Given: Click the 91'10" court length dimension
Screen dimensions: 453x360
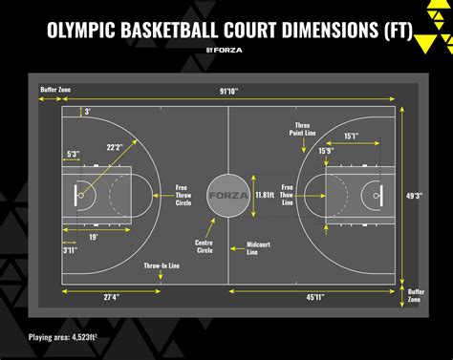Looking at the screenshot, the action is (x=229, y=92).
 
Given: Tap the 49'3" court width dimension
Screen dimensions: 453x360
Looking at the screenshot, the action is (x=414, y=196).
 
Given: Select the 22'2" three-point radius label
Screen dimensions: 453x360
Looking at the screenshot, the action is (x=115, y=147).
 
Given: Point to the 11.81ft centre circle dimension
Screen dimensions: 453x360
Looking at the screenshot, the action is (x=265, y=195).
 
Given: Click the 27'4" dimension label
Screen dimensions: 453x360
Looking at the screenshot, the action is (x=112, y=297).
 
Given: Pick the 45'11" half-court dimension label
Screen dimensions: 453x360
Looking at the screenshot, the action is (x=315, y=297).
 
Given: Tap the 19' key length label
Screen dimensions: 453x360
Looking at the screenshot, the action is (x=93, y=237).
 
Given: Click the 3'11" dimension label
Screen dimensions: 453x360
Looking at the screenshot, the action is (x=70, y=250).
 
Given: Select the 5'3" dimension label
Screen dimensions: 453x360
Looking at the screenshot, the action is (x=73, y=154).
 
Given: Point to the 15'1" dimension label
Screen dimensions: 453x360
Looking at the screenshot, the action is (x=352, y=137).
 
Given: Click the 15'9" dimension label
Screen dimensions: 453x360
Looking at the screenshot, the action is (x=326, y=151).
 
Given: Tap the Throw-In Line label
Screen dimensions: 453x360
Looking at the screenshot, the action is (x=162, y=265).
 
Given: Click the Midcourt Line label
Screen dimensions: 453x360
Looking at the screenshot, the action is (x=258, y=248).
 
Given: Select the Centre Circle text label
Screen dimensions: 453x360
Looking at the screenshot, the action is (x=204, y=246).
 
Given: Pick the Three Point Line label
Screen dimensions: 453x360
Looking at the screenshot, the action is (x=302, y=129).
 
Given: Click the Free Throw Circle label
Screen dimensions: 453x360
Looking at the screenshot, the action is (x=183, y=195).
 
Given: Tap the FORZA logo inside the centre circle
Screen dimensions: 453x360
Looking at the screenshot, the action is (x=228, y=196).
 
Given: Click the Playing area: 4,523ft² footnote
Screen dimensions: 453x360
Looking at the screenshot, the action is (x=63, y=337).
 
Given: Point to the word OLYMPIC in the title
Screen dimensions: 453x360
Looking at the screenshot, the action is (x=81, y=30).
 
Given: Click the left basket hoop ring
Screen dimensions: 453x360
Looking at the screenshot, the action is (x=81, y=195).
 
